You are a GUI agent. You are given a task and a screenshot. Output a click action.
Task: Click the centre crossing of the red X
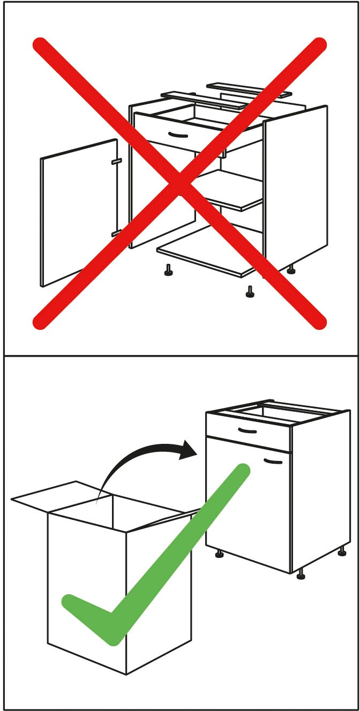[179, 183]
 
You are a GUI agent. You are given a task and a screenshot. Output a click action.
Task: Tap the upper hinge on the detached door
[116, 161]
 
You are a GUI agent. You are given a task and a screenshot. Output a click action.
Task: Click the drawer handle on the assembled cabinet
[247, 431]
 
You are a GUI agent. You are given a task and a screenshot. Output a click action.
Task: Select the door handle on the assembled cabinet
[273, 460]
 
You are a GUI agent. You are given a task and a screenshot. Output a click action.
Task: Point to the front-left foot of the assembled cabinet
[219, 554]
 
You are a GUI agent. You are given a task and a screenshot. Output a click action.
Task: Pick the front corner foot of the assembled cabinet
[301, 575]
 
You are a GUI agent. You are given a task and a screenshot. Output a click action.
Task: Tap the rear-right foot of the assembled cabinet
[342, 551]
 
